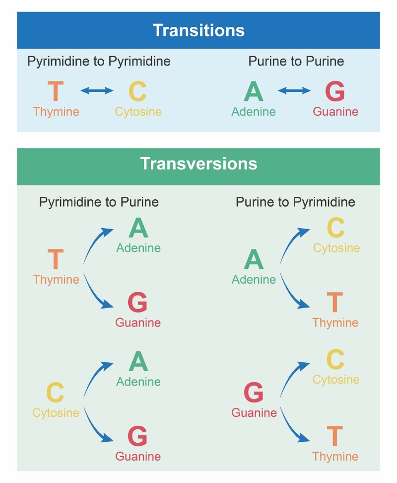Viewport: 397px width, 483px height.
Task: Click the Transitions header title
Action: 198,30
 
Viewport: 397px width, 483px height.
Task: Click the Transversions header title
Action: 198,163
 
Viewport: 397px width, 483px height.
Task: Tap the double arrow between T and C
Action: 97,90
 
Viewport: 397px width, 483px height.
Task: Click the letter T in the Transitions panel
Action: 56,91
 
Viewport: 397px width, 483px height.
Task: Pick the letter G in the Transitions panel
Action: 335,91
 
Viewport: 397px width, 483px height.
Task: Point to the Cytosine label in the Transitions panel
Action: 138,111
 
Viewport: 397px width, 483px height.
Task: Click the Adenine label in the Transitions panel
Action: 254,111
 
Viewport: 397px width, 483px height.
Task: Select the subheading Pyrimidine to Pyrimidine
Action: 99,61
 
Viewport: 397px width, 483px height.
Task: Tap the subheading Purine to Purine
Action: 296,61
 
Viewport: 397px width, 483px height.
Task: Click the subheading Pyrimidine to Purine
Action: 99,202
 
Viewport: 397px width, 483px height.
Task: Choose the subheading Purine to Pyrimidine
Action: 295,202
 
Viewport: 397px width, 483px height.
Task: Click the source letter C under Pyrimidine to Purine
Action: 55,393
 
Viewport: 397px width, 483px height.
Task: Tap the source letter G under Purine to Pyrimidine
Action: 254,393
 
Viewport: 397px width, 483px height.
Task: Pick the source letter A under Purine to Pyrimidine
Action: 254,259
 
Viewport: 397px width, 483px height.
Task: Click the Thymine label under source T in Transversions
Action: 56,279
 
